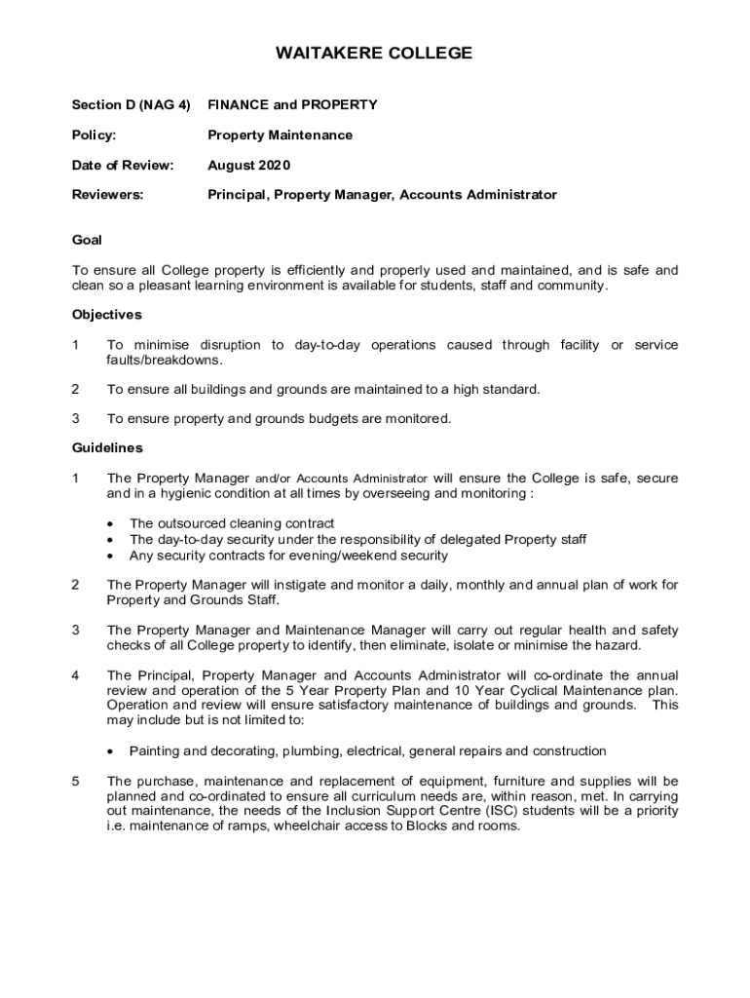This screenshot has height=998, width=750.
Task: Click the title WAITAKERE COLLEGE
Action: (x=375, y=54)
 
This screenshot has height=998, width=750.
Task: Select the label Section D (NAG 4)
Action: (x=131, y=104)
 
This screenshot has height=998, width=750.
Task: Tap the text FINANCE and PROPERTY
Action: (x=292, y=104)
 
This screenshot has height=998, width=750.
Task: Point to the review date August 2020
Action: (x=249, y=165)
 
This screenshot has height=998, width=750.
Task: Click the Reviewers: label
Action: (x=107, y=195)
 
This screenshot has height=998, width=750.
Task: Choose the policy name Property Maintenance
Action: (x=281, y=134)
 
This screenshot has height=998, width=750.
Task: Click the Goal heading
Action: (x=87, y=240)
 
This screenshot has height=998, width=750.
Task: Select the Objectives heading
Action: (x=107, y=315)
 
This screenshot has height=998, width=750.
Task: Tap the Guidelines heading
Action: (x=107, y=448)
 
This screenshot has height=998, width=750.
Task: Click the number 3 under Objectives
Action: (x=76, y=419)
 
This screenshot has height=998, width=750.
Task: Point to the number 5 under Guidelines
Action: (x=76, y=782)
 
